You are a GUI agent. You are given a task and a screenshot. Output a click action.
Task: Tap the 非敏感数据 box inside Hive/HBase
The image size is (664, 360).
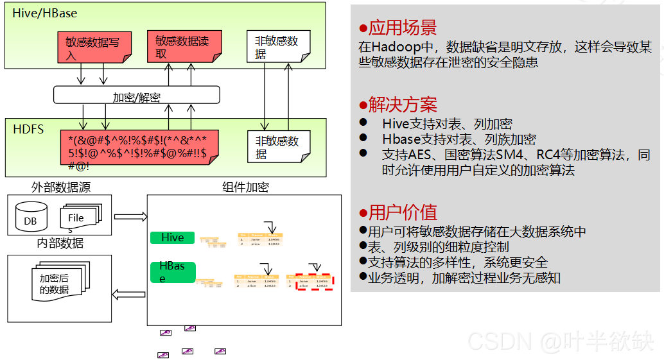click(x=278, y=47)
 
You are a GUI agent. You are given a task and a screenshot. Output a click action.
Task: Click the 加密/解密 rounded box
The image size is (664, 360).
click(x=136, y=96)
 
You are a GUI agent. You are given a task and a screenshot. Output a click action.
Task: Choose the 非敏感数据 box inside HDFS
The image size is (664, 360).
click(x=278, y=147)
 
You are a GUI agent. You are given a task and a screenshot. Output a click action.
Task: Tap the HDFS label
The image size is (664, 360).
click(x=29, y=129)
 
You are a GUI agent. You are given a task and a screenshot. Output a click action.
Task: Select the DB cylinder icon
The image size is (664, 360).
click(x=31, y=217)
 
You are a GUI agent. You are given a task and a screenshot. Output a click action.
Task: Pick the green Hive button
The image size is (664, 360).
click(x=172, y=237)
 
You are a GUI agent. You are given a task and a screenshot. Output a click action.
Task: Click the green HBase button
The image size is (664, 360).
click(x=172, y=271)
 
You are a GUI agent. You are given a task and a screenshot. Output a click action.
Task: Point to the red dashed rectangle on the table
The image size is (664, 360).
click(x=314, y=282)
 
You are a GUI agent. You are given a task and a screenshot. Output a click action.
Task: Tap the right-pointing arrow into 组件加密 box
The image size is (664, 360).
click(x=131, y=216)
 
